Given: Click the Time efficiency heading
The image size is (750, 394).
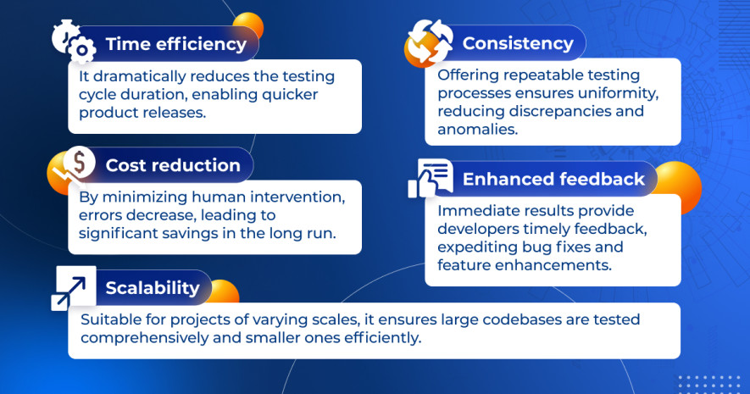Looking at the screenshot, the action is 176,44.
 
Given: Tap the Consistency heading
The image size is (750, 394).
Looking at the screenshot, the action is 518,43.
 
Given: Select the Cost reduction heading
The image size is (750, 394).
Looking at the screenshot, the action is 173,165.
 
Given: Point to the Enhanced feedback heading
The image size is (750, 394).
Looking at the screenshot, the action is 553,179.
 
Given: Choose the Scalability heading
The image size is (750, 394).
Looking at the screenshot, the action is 153,288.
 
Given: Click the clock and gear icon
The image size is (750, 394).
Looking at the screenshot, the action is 74,42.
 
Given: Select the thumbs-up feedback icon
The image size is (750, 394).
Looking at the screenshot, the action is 430,178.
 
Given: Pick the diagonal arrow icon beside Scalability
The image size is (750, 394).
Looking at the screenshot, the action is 73,288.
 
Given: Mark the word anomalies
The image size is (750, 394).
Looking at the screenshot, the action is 477,129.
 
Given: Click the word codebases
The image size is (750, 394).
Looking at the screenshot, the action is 522,319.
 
